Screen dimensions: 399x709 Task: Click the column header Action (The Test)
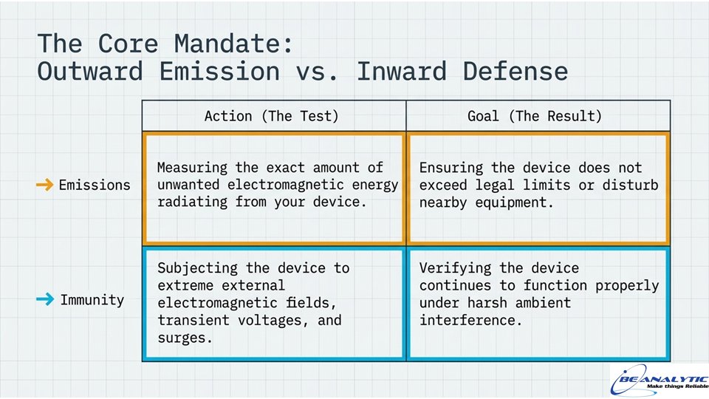(x=273, y=116)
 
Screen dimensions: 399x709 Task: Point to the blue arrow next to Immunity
(x=44, y=299)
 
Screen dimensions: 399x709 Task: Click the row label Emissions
(x=94, y=185)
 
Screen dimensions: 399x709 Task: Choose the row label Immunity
(x=92, y=300)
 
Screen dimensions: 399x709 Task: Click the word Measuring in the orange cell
(x=192, y=168)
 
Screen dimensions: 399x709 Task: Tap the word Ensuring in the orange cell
(x=450, y=168)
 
